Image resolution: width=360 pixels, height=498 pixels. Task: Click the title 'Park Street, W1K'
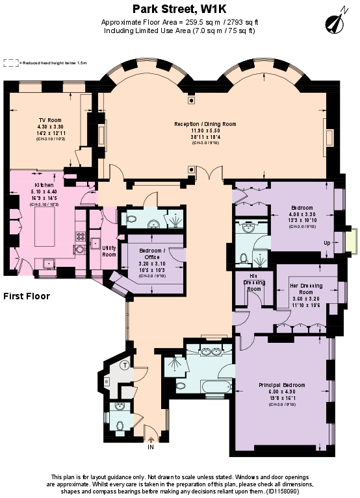pyautogui.click(x=180, y=9)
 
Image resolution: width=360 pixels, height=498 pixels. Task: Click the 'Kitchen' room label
pyautogui.click(x=44, y=185)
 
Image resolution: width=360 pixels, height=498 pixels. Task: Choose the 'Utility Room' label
pyautogui.click(x=109, y=251)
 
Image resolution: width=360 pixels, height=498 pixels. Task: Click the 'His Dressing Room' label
pyautogui.click(x=255, y=285)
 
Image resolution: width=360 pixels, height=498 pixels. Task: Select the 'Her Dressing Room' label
pyautogui.click(x=306, y=292)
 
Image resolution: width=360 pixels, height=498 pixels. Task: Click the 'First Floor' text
pyautogui.click(x=27, y=297)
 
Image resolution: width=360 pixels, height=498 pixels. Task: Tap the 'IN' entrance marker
pyautogui.click(x=151, y=447)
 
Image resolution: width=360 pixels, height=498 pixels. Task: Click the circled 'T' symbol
pyautogui.click(x=125, y=366)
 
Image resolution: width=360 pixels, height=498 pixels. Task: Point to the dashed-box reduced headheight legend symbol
pyautogui.click(x=10, y=63)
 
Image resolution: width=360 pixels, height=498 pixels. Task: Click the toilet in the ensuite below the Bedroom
pyautogui.click(x=243, y=258)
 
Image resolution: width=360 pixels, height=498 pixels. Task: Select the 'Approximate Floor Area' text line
pyautogui.click(x=180, y=22)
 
